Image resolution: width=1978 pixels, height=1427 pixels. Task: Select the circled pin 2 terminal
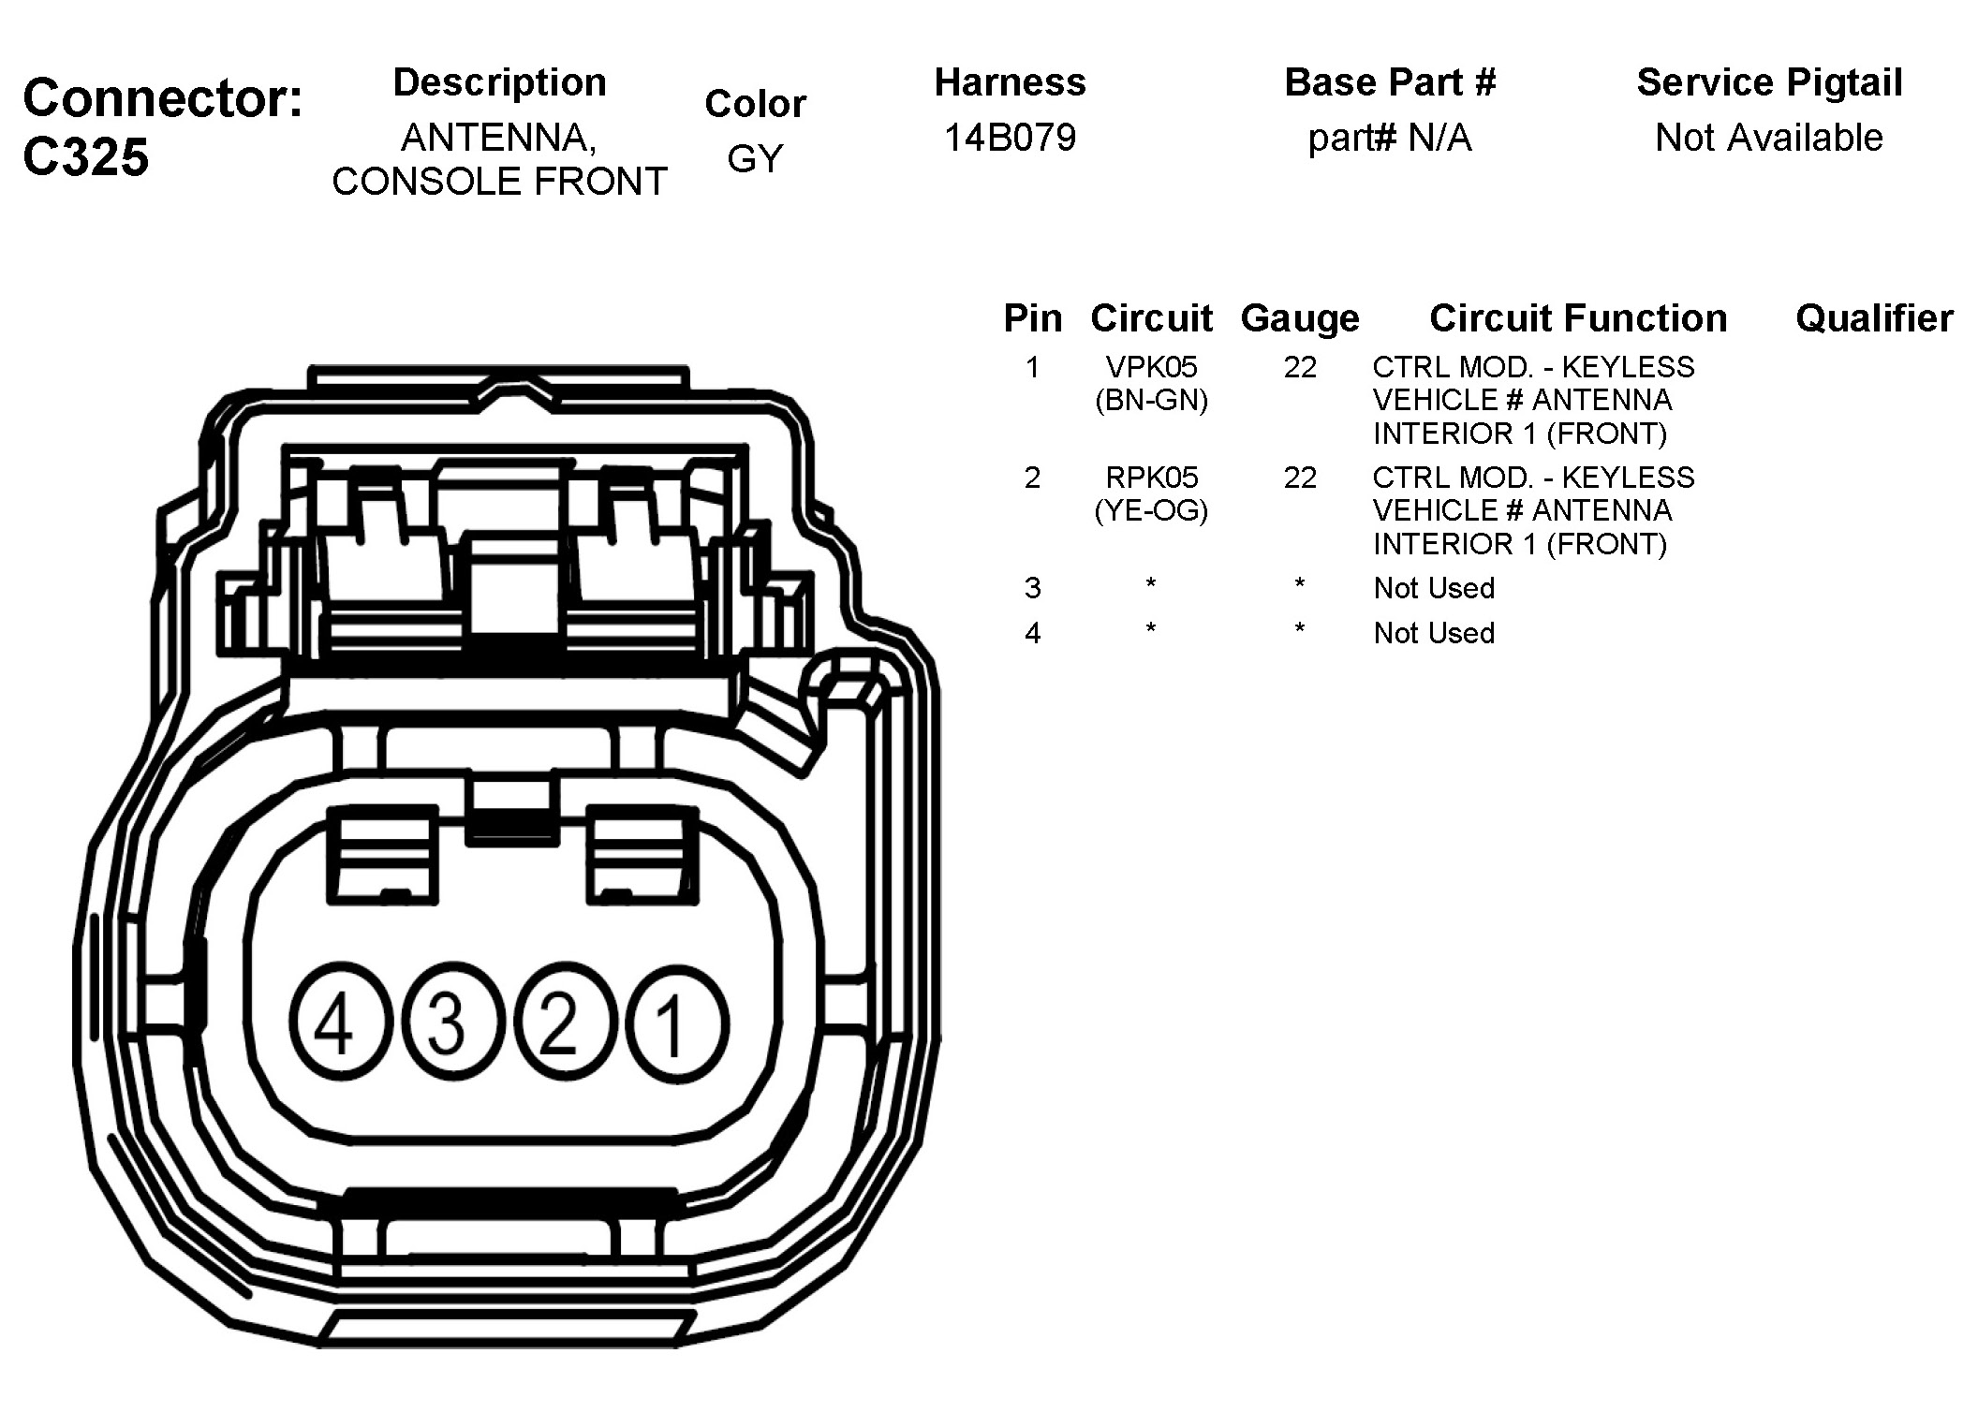point(559,1024)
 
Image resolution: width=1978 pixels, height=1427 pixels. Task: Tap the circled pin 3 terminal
point(447,1024)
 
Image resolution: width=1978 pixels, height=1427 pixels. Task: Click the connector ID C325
point(85,156)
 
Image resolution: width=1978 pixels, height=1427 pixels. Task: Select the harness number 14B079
point(1010,138)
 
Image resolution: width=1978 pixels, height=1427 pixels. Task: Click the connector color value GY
point(755,158)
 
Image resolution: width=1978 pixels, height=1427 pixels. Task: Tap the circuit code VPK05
point(1151,366)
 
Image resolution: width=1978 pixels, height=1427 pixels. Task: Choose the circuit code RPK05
point(1151,478)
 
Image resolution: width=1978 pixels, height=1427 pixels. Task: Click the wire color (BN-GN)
point(1151,400)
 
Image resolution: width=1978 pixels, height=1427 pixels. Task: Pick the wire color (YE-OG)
point(1151,510)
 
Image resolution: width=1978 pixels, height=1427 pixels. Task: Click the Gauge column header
point(1299,318)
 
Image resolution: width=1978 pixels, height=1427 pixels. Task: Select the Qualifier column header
point(1873,318)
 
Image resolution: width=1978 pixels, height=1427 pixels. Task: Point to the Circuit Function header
point(1578,318)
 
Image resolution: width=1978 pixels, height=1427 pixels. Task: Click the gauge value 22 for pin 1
point(1300,366)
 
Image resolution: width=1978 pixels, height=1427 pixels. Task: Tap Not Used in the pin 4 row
point(1433,633)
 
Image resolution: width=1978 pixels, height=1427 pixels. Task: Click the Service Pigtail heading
point(1769,82)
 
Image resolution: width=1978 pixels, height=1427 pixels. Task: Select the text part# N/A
point(1390,138)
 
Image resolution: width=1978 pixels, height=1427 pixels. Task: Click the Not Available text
point(1769,138)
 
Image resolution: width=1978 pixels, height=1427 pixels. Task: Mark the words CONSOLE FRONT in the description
point(499,181)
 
